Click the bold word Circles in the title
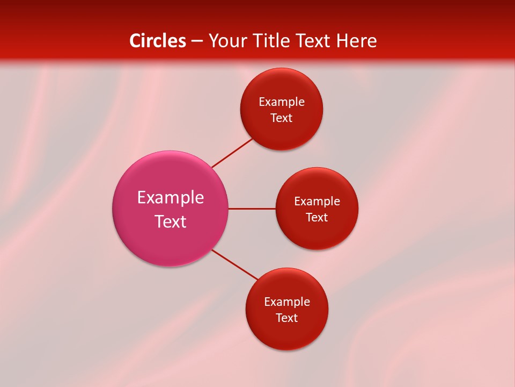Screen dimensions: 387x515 158,41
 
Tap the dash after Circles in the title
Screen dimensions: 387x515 197,41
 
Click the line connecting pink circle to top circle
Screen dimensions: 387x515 232,153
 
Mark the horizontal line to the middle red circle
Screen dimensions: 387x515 252,209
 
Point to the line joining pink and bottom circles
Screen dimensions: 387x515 235,264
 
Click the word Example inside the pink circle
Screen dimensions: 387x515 171,198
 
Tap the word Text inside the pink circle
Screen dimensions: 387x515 171,221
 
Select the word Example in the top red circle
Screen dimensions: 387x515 282,102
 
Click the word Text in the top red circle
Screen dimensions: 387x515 281,118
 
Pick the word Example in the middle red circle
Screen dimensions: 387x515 317,202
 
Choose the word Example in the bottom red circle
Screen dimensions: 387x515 287,302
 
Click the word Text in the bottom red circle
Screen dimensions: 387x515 286,318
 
